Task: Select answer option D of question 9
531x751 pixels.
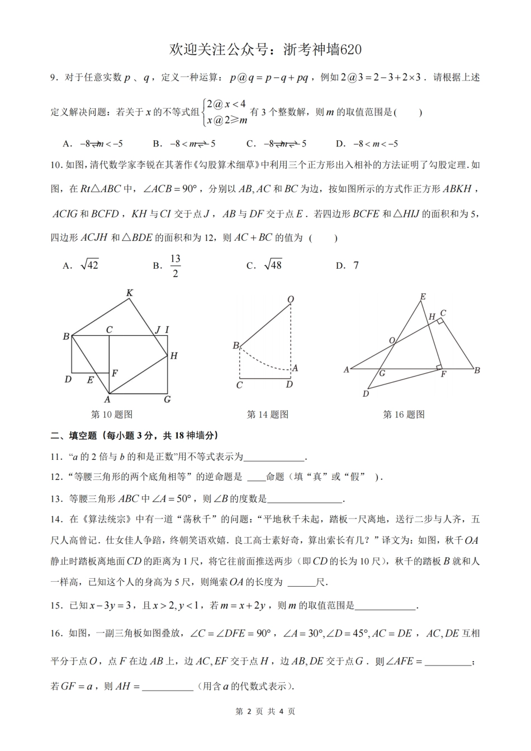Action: pyautogui.click(x=367, y=144)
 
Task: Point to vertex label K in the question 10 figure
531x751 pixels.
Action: pyautogui.click(x=129, y=293)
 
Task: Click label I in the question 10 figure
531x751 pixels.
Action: pyautogui.click(x=167, y=330)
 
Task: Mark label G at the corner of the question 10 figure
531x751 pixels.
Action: pyautogui.click(x=167, y=399)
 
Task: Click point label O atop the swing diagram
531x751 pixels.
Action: pyautogui.click(x=291, y=300)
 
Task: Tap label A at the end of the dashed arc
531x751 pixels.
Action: pyautogui.click(x=295, y=368)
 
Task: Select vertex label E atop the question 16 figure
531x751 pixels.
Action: pyautogui.click(x=423, y=297)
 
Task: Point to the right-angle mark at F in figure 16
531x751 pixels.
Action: pyautogui.click(x=439, y=367)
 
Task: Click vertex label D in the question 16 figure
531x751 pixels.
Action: pyautogui.click(x=366, y=393)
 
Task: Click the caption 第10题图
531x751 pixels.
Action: pyautogui.click(x=111, y=414)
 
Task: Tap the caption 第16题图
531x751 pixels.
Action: pyautogui.click(x=404, y=414)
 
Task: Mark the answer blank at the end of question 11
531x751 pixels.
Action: pyautogui.click(x=274, y=457)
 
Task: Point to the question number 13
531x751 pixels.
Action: pyautogui.click(x=55, y=498)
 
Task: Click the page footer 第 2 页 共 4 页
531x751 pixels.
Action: pyautogui.click(x=265, y=711)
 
